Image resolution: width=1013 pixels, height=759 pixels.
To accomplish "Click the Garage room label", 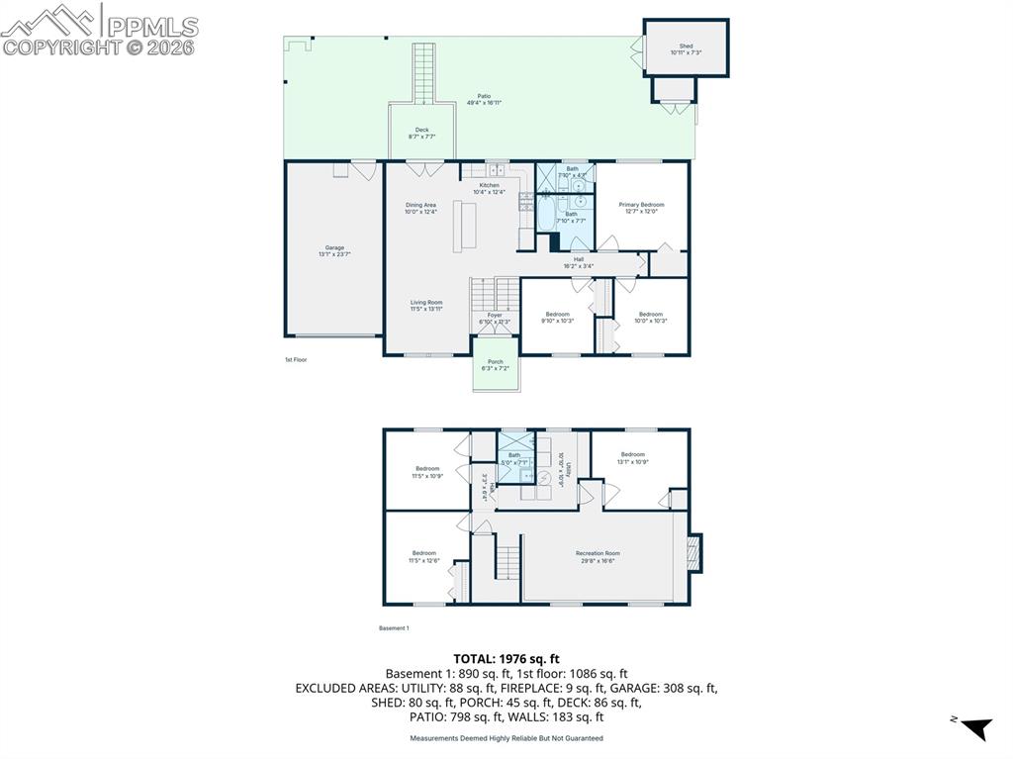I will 334,250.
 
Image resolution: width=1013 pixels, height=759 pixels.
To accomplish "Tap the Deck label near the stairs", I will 421,133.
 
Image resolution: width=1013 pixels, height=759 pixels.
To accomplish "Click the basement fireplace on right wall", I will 694,553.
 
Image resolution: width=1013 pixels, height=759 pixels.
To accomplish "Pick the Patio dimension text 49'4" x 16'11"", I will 485,102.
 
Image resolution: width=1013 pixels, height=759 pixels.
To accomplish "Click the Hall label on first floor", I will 579,262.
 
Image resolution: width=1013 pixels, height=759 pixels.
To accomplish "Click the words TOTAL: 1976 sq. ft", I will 506,658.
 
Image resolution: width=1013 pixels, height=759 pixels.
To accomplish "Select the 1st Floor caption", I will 296,359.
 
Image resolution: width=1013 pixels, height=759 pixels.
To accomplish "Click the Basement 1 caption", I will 394,627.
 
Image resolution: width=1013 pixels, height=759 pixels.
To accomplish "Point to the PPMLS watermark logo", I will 99,30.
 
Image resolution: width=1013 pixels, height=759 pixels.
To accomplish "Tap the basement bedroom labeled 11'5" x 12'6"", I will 424,556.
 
